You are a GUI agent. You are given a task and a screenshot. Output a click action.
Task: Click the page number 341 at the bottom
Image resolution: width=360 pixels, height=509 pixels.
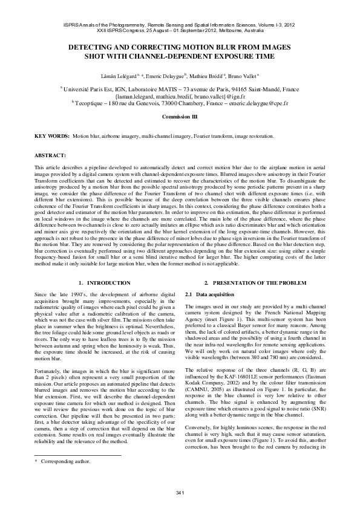(180, 491)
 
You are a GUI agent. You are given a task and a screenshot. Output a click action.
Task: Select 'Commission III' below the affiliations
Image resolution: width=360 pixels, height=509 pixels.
(180, 115)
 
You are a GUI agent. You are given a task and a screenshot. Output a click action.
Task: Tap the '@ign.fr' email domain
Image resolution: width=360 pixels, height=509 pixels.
(237, 96)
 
